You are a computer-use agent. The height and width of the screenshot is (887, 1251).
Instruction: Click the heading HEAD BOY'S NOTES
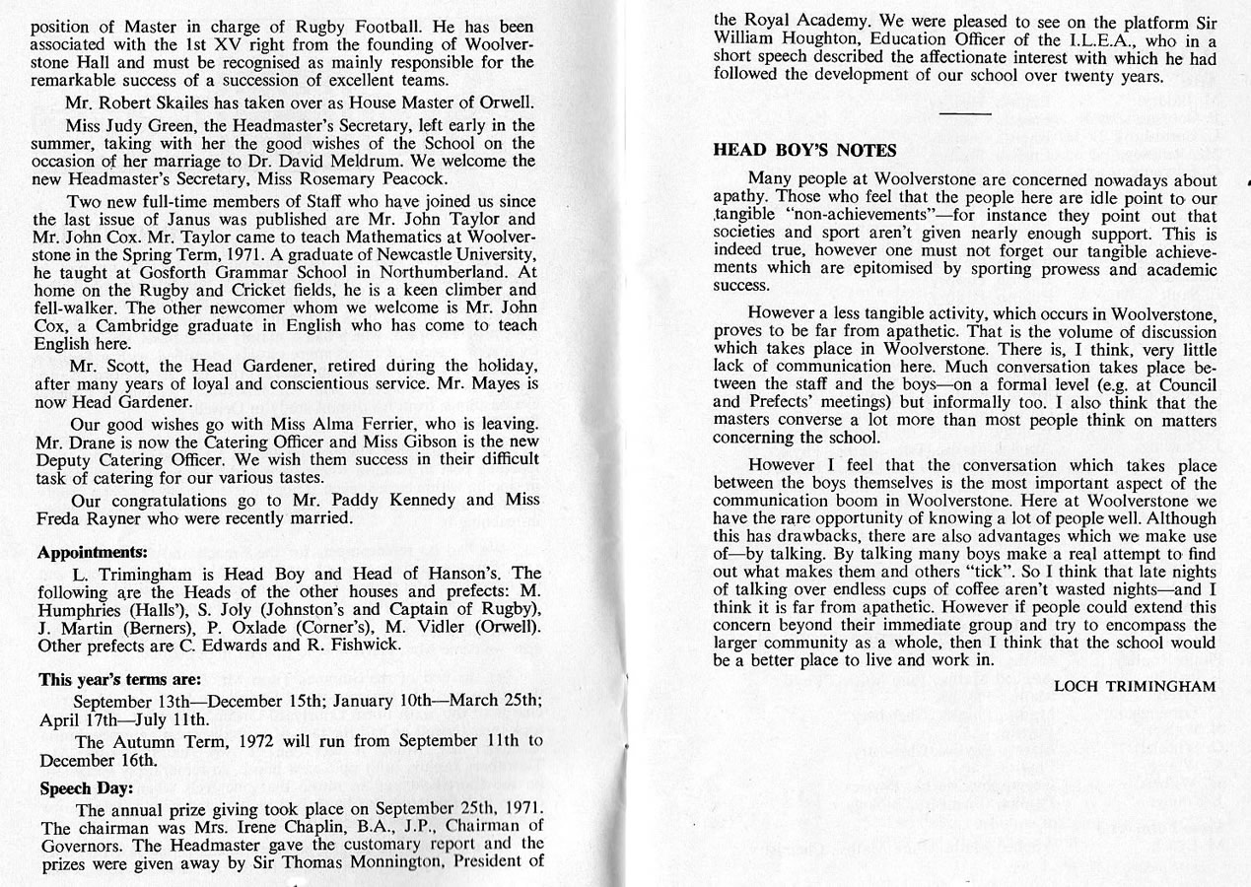804,151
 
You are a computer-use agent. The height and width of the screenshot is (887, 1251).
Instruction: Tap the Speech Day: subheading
86,788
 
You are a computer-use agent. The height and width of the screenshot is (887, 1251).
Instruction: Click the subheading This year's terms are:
120,679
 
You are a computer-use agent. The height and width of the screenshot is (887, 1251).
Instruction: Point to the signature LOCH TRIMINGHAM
1135,686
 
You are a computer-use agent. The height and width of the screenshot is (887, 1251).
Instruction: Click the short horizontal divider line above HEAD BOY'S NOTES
965,113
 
